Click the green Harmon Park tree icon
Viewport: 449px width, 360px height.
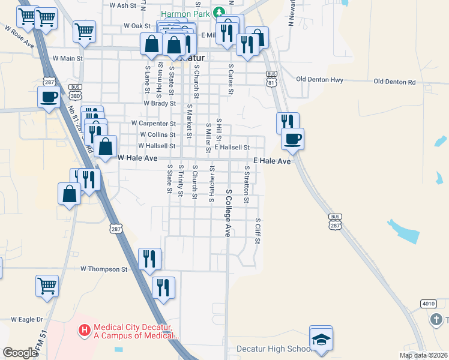coord(220,11)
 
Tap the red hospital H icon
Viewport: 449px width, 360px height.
coord(85,330)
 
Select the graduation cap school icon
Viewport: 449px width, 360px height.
coord(321,340)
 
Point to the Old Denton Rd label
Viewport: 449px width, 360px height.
coord(394,82)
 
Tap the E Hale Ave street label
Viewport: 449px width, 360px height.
coord(272,161)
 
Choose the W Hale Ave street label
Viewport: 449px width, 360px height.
coord(137,158)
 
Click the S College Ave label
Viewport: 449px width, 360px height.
coord(228,213)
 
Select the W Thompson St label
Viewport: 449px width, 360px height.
coord(104,269)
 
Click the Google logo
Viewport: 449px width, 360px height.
coord(20,353)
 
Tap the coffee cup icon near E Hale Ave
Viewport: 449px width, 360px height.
coord(292,139)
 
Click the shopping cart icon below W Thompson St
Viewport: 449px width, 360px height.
coord(47,286)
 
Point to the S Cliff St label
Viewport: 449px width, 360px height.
coord(258,231)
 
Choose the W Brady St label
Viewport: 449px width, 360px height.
coord(142,103)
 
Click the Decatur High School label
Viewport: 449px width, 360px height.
coord(273,349)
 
